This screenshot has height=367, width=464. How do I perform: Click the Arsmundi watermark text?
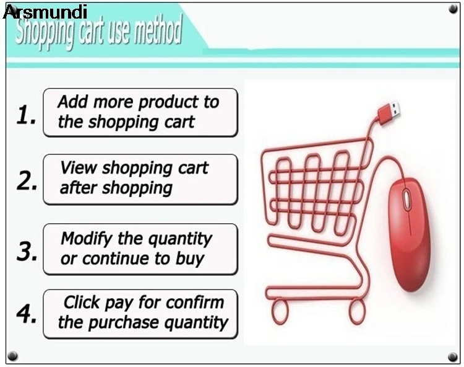tap(45, 12)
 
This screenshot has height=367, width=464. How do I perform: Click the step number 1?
tap(27, 115)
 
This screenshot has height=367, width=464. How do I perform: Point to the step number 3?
tap(27, 251)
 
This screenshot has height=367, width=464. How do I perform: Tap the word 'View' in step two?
tap(79, 167)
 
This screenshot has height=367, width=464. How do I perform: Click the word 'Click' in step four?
tap(82, 303)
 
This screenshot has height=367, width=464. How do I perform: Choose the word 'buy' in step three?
tap(190, 259)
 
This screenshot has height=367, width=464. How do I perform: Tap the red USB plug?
tap(389, 112)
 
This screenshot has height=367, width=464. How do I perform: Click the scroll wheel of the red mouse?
tap(407, 200)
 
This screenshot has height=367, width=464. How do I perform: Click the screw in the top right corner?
tap(453, 9)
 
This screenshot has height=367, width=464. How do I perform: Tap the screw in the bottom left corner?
tap(12, 356)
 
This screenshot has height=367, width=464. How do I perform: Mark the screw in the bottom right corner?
tap(453, 356)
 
